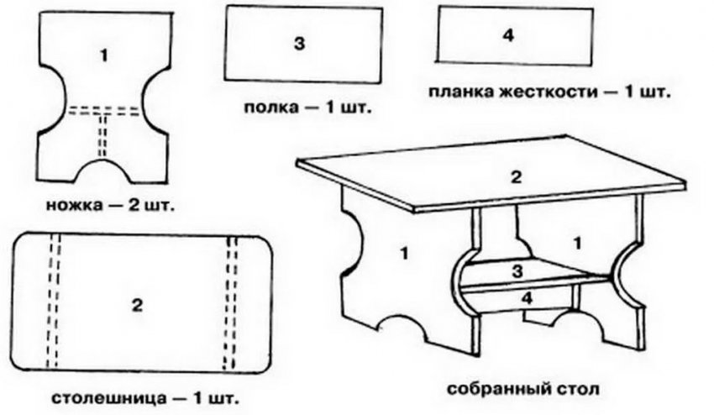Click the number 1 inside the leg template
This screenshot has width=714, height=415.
coord(105,55)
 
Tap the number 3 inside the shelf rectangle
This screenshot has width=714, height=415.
coord(299,44)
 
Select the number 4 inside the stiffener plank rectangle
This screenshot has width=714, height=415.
coord(508,35)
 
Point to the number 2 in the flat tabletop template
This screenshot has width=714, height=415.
coord(137,305)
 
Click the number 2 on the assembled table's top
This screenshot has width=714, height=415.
coord(516,177)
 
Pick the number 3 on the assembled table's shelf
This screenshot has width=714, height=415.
coord(517,272)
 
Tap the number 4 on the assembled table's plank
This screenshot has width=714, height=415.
coord(527,298)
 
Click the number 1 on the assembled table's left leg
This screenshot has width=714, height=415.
coord(403,253)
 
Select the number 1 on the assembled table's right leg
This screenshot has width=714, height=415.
coord(577,244)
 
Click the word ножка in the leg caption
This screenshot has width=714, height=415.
coord(74,206)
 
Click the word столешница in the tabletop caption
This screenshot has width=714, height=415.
coord(108,398)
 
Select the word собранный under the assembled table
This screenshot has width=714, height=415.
coord(500,390)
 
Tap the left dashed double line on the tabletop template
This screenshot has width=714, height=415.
coord(53,301)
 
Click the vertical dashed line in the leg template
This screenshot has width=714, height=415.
coord(102,136)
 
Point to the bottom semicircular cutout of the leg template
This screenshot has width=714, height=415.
coord(103,171)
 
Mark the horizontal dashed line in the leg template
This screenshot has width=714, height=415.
coord(104,111)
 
